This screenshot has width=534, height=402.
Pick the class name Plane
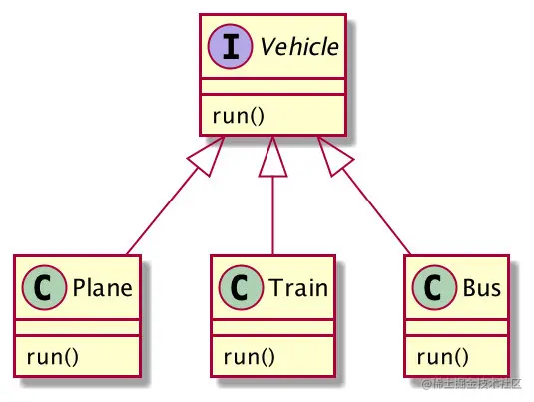click(x=98, y=288)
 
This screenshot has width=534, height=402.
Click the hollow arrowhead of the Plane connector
click(x=206, y=157)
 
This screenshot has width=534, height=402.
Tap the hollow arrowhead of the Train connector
click(x=273, y=160)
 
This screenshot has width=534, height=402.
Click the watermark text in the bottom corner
click(x=470, y=385)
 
